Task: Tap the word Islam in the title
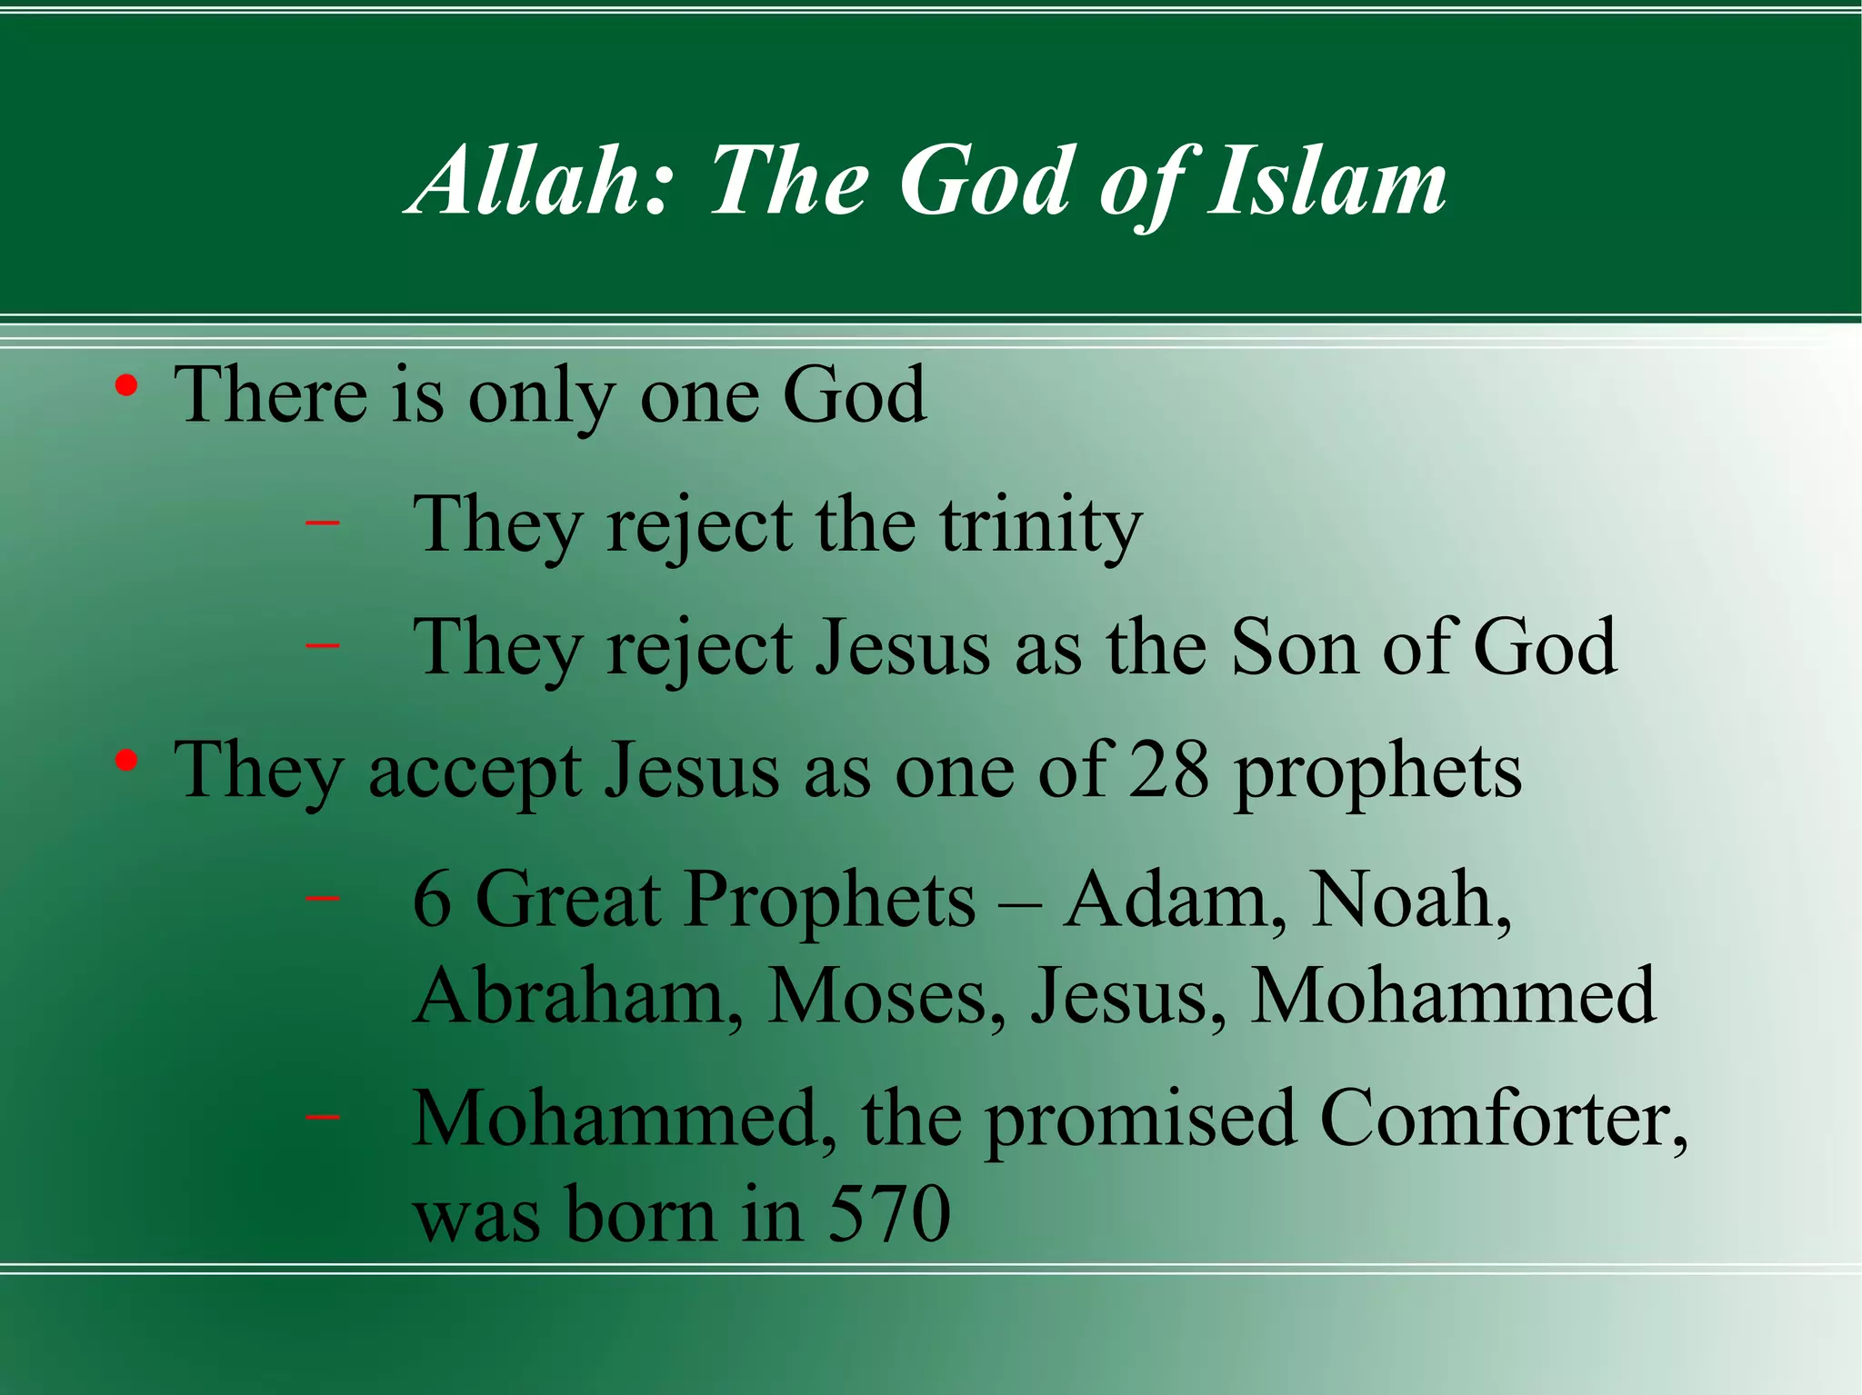[x=1326, y=182]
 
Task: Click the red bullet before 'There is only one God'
[x=126, y=386]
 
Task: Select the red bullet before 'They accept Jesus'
[x=126, y=762]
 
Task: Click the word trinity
[x=1040, y=525]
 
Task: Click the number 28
[x=1168, y=771]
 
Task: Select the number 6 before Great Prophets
[x=432, y=900]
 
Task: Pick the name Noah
[x=1410, y=900]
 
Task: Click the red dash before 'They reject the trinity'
[x=323, y=523]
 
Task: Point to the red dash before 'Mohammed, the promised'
[x=323, y=1117]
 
